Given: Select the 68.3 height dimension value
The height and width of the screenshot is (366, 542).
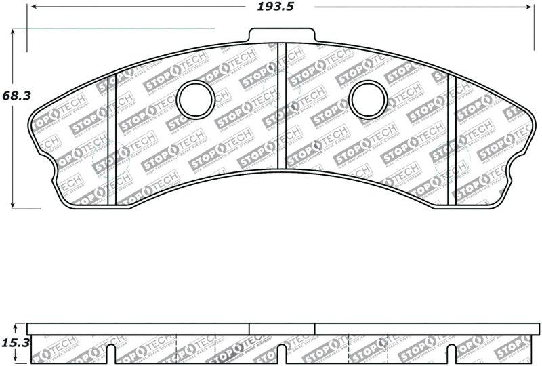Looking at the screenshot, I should coord(17,96).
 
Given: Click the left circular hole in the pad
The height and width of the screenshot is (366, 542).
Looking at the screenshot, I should coord(196,100).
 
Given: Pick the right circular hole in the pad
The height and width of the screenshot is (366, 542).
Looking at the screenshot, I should coord(369,100).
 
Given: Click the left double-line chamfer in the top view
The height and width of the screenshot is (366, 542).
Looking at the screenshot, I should coord(113,136).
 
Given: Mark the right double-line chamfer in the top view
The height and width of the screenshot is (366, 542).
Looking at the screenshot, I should coord(452,136).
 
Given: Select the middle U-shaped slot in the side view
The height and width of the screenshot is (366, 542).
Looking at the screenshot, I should coord(282,354).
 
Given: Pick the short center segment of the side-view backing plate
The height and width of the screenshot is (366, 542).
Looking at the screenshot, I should coord(282,329).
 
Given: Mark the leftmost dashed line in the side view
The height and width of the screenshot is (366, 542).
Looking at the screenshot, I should coord(176,350).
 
